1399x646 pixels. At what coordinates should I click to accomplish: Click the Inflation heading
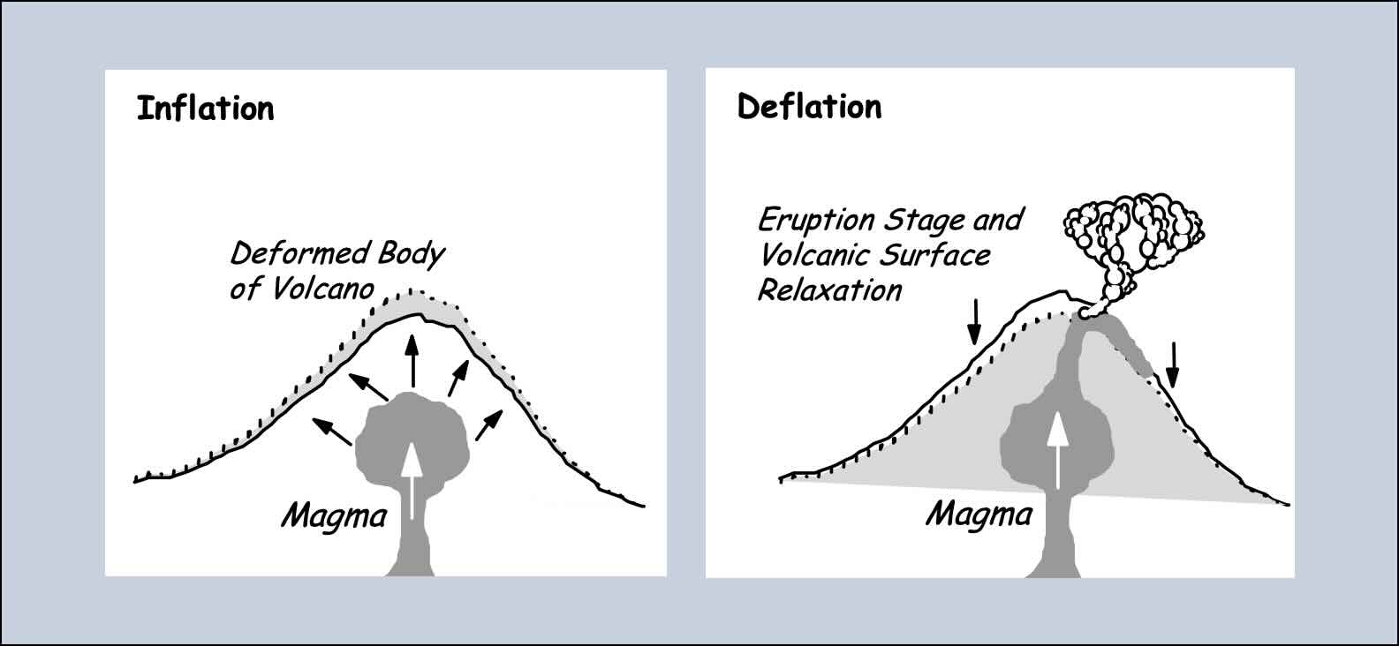click(x=205, y=109)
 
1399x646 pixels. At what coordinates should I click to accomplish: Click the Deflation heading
click(x=809, y=107)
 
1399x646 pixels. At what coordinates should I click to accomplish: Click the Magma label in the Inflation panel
click(x=334, y=515)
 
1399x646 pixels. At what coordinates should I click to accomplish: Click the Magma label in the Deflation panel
click(x=979, y=514)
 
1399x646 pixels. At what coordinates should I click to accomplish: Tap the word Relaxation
click(x=829, y=290)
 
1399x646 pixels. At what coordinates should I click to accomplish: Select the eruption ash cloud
click(x=1133, y=231)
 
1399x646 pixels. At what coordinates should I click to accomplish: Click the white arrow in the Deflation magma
click(x=1055, y=450)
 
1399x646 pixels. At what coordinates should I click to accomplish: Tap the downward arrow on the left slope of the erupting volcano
click(x=973, y=321)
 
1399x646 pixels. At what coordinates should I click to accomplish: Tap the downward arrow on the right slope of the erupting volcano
click(x=1173, y=364)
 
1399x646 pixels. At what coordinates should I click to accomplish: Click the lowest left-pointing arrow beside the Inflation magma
click(x=332, y=431)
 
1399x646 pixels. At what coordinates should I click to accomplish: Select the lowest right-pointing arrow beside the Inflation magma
click(x=488, y=424)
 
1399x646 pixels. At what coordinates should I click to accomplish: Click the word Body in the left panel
click(x=412, y=254)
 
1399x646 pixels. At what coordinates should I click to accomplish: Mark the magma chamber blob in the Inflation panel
click(x=412, y=432)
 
